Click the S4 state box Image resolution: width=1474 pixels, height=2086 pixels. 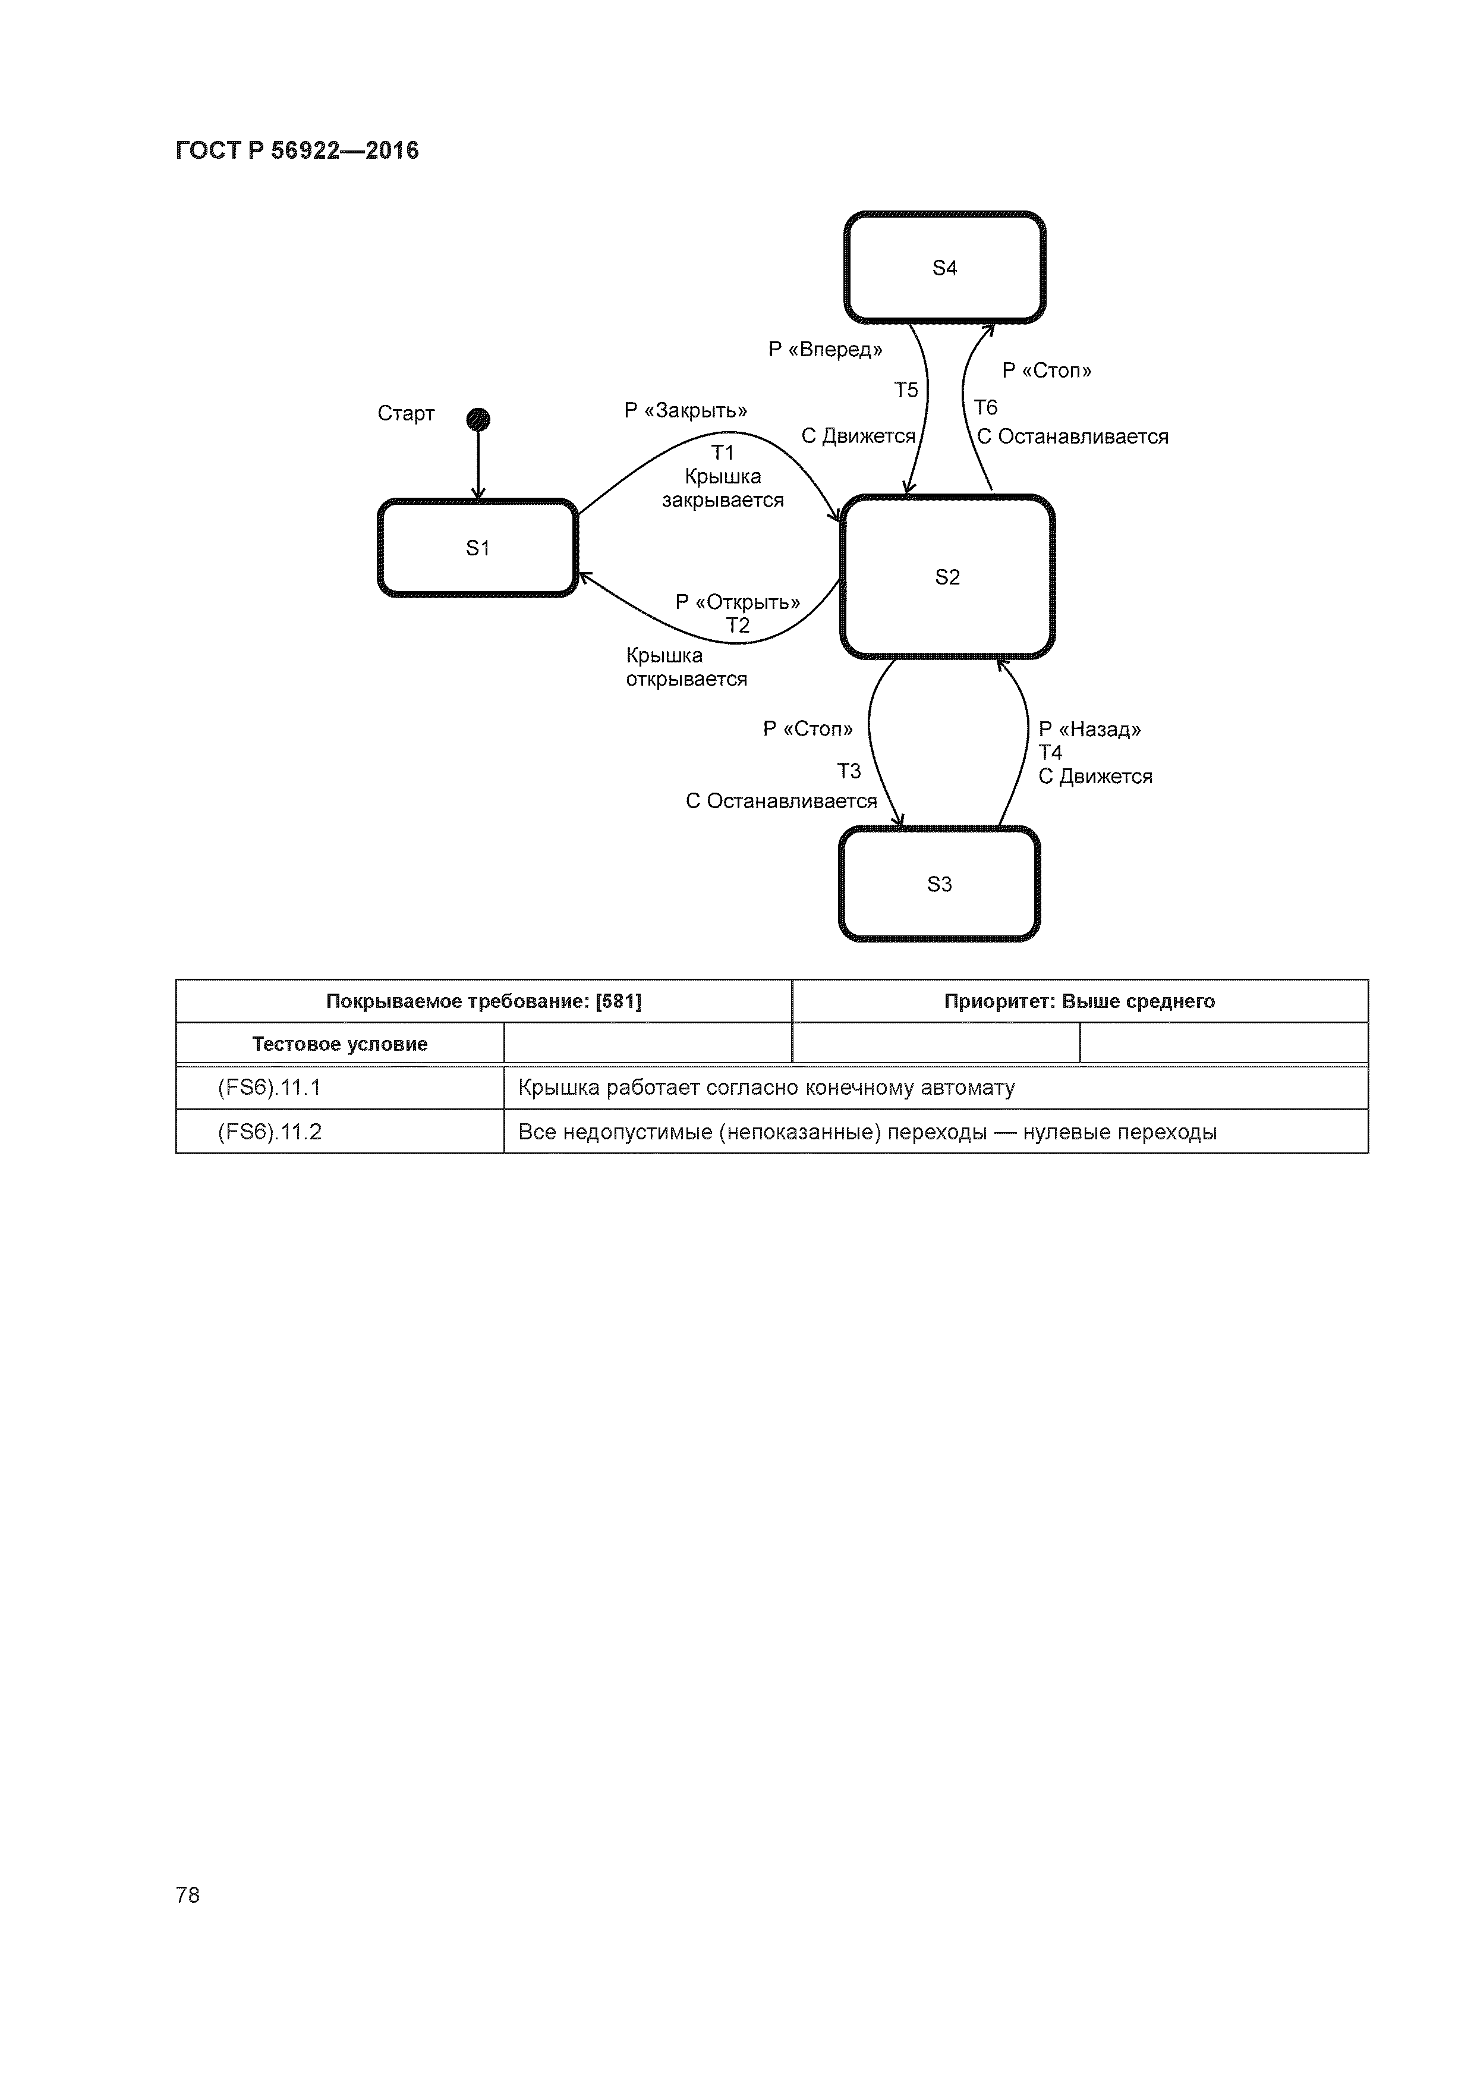(x=944, y=267)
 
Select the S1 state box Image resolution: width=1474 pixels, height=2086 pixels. (x=478, y=548)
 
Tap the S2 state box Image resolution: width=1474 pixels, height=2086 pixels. (x=947, y=577)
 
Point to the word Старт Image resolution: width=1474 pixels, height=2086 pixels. (x=406, y=413)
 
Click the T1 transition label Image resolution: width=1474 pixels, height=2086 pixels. (x=722, y=453)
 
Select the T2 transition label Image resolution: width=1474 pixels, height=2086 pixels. (x=738, y=625)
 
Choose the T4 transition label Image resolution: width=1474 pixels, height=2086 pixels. (x=1051, y=752)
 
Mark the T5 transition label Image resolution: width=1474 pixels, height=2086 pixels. (x=905, y=389)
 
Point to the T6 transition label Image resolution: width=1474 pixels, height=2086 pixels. (x=985, y=407)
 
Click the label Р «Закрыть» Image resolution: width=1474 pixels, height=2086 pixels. (x=686, y=411)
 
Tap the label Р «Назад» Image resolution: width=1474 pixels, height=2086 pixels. (x=1090, y=728)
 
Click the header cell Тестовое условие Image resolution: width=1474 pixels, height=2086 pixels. (x=339, y=1044)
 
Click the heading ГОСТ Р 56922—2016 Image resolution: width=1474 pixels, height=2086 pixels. (x=297, y=150)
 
